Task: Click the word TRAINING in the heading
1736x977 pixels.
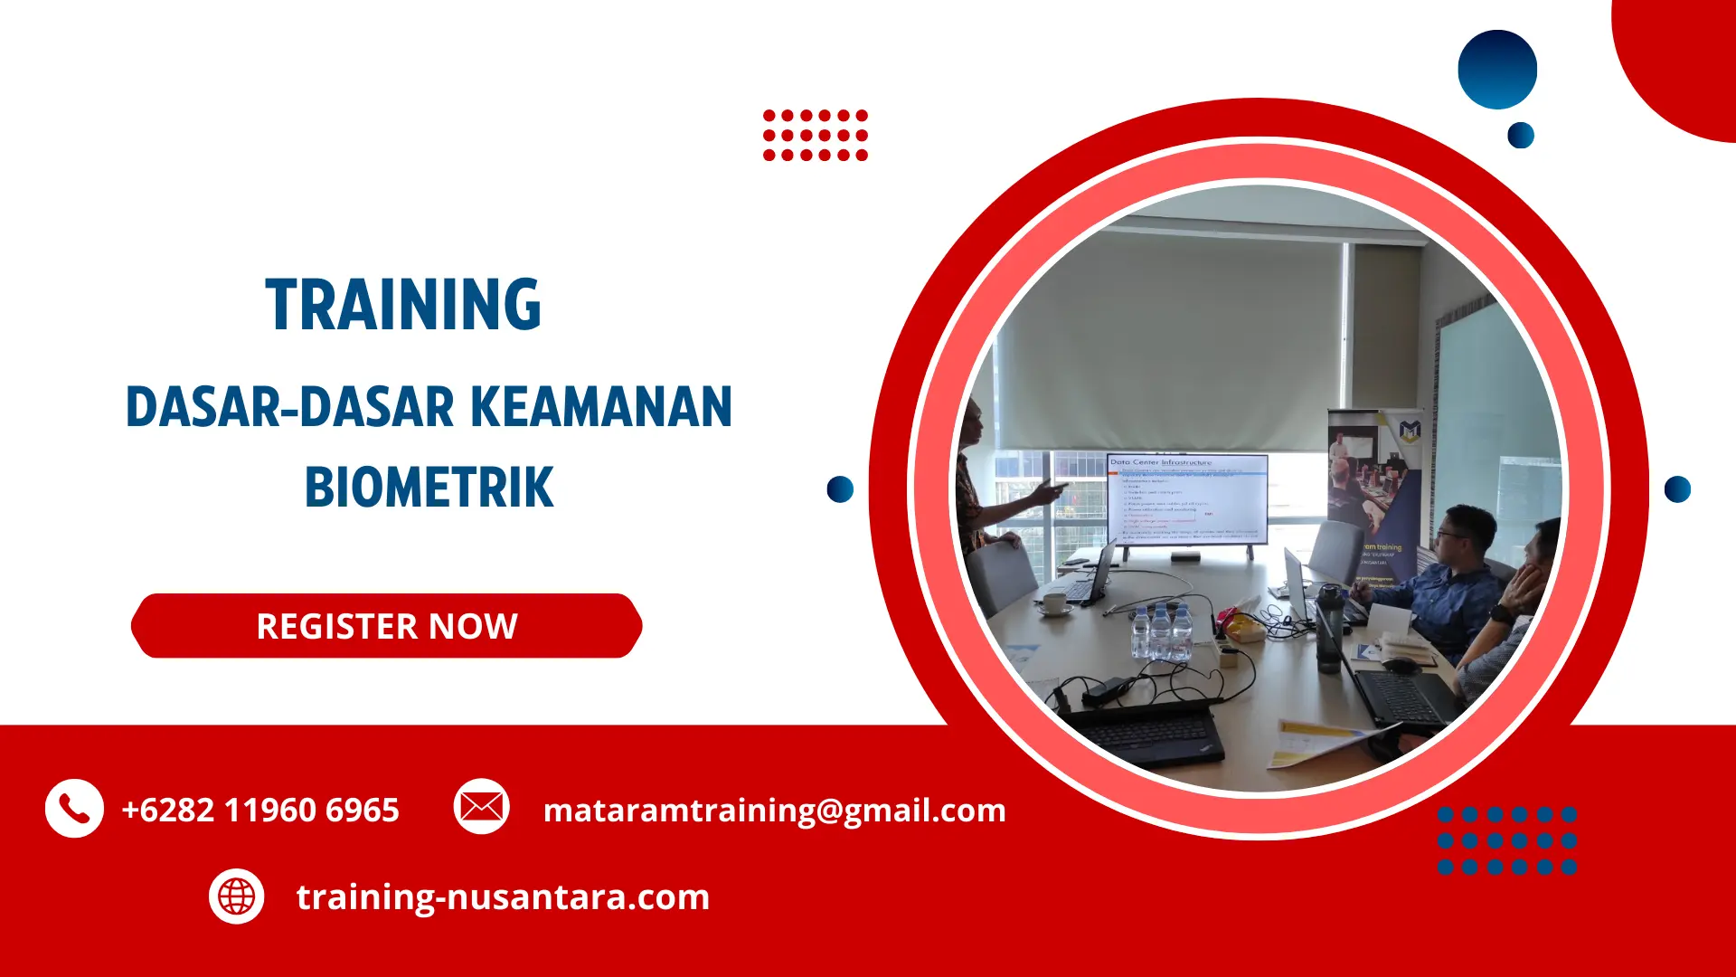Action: (x=403, y=305)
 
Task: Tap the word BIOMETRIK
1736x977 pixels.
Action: (x=429, y=488)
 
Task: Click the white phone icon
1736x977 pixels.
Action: (x=74, y=808)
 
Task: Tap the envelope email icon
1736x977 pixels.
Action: (x=481, y=806)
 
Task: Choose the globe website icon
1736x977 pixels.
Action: (x=237, y=896)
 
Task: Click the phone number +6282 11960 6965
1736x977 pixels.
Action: (x=260, y=811)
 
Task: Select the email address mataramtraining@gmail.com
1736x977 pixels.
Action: (x=774, y=811)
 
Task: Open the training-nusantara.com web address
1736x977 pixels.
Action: (x=503, y=897)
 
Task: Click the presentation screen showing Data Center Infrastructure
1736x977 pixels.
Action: (x=1187, y=499)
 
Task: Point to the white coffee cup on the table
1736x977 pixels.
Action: (x=1054, y=602)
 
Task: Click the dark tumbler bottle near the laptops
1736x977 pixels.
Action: (x=1327, y=629)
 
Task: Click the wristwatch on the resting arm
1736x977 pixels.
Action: (x=1501, y=612)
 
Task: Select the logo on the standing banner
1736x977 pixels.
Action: (x=1410, y=431)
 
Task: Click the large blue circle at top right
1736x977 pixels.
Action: (x=1497, y=70)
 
